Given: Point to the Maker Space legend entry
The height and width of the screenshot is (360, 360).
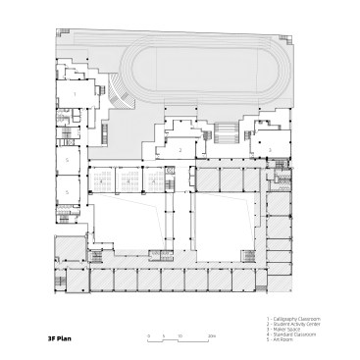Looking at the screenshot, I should click(x=285, y=330).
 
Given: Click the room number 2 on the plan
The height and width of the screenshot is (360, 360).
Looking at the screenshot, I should click(x=180, y=149).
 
